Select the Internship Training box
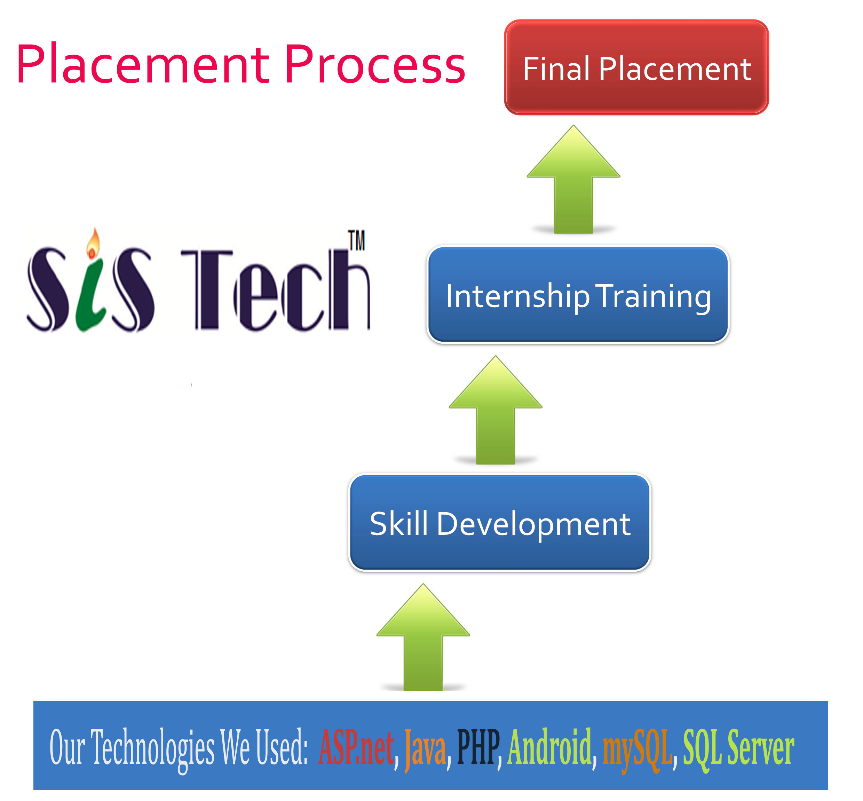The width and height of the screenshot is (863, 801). click(x=578, y=295)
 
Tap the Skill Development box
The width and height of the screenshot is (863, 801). click(x=499, y=522)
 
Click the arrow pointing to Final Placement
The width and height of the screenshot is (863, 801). click(x=573, y=180)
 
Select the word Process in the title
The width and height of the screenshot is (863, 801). click(x=374, y=64)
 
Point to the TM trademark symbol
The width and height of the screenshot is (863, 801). click(x=356, y=240)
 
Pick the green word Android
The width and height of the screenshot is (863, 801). click(x=549, y=746)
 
